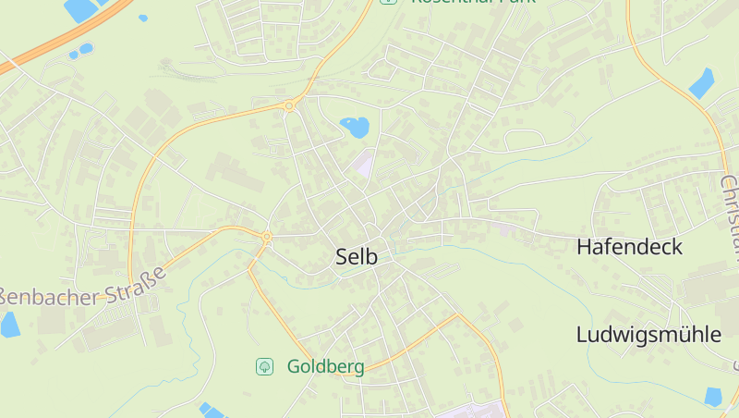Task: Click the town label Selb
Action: click(x=357, y=257)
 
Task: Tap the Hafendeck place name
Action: click(x=629, y=247)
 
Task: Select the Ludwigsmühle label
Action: click(x=648, y=335)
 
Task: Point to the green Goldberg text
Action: click(x=325, y=366)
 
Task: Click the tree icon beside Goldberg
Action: click(x=264, y=367)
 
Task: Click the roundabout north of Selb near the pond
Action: click(x=289, y=106)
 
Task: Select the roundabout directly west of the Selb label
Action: click(x=267, y=238)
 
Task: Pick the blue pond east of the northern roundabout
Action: click(x=355, y=126)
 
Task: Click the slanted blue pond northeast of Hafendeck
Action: click(x=702, y=83)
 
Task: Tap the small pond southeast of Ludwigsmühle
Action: click(x=713, y=396)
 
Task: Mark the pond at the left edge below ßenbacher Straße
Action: click(x=9, y=324)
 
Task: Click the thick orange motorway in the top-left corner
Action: click(x=55, y=42)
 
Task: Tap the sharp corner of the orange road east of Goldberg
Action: click(x=457, y=315)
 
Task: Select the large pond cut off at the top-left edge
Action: click(x=81, y=9)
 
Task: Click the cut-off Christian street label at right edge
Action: click(x=731, y=213)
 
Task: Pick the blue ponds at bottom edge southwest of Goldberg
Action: click(x=211, y=411)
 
